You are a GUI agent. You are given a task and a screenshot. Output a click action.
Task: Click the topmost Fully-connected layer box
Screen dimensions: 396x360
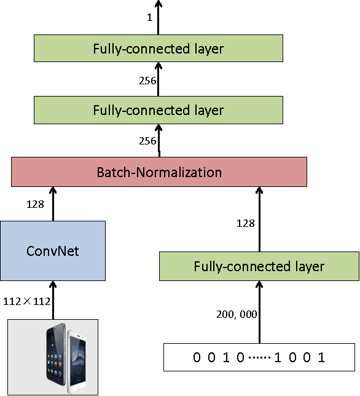158,48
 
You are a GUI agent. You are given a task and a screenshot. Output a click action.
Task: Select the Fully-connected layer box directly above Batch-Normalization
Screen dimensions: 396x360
158,111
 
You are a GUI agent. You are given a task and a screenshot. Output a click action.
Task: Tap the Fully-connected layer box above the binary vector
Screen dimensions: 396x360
259,267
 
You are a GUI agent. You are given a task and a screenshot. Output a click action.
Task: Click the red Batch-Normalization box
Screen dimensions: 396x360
158,172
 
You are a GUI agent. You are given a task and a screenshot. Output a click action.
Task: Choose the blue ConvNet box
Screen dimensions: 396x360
53,251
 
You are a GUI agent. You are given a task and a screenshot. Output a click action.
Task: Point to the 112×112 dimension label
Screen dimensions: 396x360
26,301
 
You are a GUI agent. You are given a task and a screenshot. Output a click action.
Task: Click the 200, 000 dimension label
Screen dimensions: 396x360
237,314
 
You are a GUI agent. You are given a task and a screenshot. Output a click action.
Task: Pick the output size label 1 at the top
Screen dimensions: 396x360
149,18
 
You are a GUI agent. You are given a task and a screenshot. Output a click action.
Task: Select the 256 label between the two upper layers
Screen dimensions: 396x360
149,80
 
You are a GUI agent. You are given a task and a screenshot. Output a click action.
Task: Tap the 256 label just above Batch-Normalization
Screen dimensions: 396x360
149,141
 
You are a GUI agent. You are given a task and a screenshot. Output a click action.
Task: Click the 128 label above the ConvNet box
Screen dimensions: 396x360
35,204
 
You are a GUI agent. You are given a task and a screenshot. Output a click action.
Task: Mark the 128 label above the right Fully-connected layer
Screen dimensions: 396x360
246,223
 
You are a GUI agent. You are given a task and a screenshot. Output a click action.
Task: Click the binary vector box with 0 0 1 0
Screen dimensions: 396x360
259,357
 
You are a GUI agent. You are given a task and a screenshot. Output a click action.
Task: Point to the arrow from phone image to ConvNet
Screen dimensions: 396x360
53,299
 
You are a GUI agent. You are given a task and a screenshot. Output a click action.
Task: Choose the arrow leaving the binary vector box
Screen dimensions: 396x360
259,314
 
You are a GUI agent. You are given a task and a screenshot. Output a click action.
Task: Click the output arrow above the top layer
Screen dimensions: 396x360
158,17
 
